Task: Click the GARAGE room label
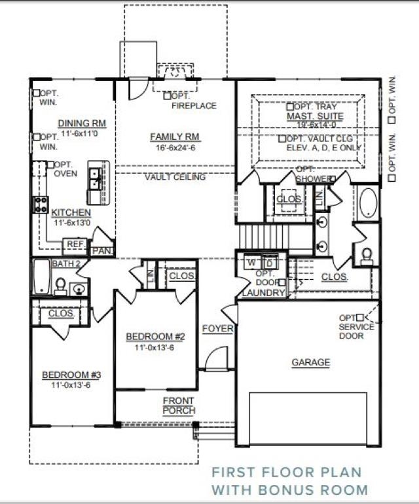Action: [310, 362]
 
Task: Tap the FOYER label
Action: [217, 328]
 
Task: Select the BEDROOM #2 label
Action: [156, 337]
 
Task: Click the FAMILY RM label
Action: [175, 137]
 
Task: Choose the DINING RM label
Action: [82, 123]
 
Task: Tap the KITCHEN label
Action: [71, 213]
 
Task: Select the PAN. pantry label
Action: [101, 250]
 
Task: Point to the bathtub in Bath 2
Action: [41, 277]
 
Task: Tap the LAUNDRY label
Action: [263, 293]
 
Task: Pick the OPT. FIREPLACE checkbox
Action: [168, 95]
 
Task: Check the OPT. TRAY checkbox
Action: [290, 106]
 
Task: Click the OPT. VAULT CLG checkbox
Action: [282, 139]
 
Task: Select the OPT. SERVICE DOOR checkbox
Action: [359, 318]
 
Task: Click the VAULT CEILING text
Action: [175, 177]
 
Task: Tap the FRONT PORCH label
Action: [179, 405]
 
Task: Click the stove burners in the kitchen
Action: [41, 204]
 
